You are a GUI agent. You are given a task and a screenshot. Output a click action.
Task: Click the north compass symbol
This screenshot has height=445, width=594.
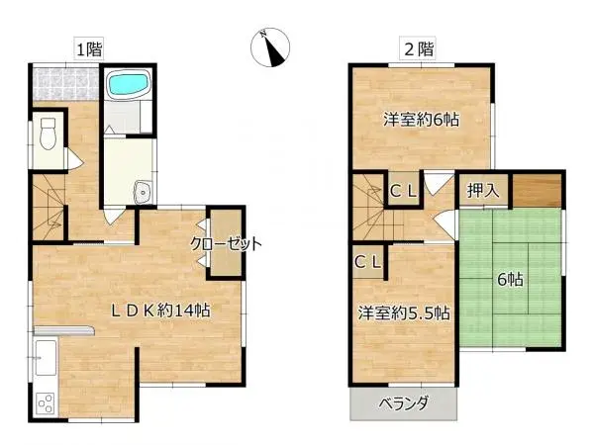[x=269, y=47]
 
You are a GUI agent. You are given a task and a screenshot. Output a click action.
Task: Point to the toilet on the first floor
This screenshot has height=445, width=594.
[x=48, y=133]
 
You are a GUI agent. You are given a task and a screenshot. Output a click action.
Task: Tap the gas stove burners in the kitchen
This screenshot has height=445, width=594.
[x=46, y=402]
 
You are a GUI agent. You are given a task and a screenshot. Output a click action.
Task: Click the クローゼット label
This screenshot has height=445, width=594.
[x=227, y=243]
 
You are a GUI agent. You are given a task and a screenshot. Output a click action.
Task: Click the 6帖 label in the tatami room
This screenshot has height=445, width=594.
[x=510, y=280]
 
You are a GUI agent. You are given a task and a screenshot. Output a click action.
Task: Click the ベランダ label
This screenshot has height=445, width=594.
[x=404, y=402]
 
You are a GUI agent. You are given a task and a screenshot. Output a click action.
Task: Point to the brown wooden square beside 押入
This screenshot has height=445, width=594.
[x=539, y=189]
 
